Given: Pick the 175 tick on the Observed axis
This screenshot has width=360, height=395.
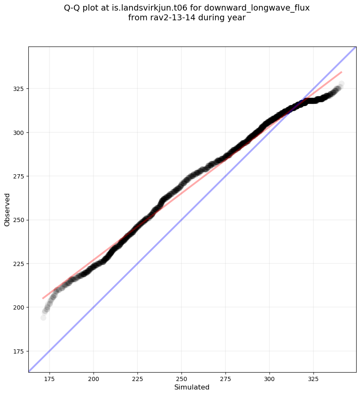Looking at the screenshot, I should [x=19, y=351].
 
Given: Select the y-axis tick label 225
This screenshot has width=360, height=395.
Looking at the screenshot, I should [x=19, y=263].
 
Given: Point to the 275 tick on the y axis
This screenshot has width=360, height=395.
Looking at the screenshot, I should [x=19, y=176].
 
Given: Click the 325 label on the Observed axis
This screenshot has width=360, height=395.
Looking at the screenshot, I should [x=19, y=88].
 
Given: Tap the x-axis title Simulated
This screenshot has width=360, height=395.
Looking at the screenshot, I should [x=192, y=387].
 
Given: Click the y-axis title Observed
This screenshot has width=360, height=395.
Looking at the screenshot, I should [x=7, y=209].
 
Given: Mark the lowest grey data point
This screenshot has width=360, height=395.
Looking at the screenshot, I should [x=43, y=318].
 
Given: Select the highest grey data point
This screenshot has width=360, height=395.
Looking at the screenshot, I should [x=341, y=84].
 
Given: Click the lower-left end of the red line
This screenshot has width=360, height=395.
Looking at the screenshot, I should [x=43, y=298].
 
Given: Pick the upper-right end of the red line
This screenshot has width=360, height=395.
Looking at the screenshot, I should [x=341, y=72].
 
